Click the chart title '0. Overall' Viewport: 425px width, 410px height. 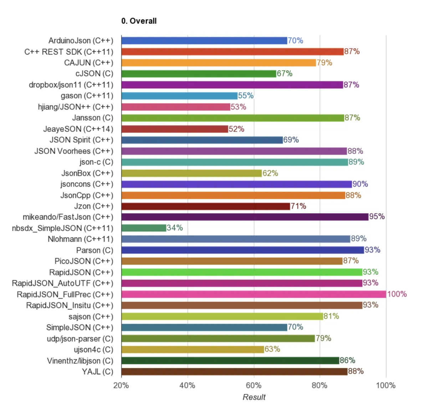139,21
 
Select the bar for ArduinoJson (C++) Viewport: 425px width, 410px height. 204,41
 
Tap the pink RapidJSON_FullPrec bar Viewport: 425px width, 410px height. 254,294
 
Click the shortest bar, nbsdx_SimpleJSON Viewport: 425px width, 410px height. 144,228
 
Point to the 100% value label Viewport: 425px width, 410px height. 397,294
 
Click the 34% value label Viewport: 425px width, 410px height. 175,228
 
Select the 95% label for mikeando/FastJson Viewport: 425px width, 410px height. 377,217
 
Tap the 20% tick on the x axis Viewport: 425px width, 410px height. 121,385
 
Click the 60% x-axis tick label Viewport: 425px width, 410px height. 254,385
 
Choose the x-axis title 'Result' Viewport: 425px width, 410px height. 254,397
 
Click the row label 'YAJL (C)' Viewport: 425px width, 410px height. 97,371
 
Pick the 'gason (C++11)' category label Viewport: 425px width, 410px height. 87,96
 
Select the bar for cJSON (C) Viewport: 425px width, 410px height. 199,74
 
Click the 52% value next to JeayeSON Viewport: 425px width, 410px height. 236,129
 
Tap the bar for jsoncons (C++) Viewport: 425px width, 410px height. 236,184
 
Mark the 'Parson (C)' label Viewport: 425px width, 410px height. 94,250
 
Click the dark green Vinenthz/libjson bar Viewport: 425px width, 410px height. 230,360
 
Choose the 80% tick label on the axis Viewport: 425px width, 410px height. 319,385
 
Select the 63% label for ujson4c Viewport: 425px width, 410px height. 272,349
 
